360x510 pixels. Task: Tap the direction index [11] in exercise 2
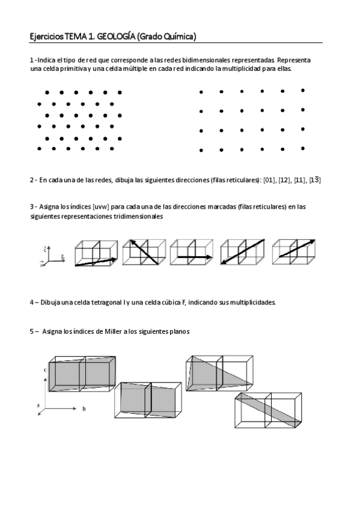point(300,180)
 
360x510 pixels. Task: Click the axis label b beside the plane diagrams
point(84,408)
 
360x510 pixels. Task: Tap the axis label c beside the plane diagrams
point(46,370)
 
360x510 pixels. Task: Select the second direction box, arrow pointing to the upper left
point(142,253)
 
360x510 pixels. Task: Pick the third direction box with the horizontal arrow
point(191,253)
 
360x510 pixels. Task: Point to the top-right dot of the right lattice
point(302,90)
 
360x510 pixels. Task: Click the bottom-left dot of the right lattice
point(201,150)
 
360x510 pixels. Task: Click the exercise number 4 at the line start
point(32,302)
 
